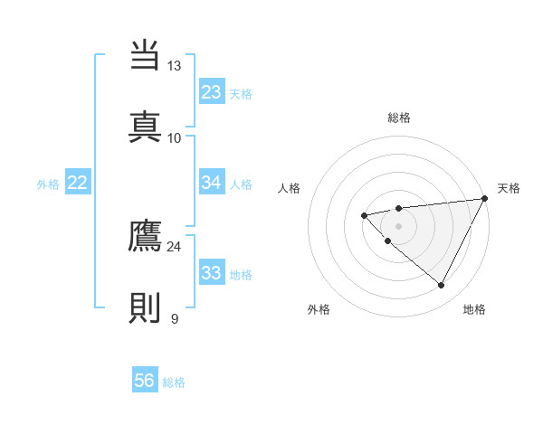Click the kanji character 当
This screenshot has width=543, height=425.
tap(145, 54)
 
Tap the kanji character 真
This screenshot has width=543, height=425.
tap(145, 125)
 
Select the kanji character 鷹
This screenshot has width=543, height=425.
tap(145, 237)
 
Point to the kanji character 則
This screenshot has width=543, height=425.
tap(145, 307)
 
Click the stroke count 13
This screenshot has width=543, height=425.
tap(174, 66)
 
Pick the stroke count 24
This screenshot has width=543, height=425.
tap(174, 246)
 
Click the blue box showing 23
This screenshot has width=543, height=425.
tap(212, 92)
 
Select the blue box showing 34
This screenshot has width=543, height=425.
tap(212, 183)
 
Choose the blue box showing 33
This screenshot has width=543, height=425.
tap(212, 273)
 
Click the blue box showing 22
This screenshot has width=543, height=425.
tap(77, 183)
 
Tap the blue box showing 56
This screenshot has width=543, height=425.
tap(144, 381)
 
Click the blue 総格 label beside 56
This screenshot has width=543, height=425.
tap(174, 382)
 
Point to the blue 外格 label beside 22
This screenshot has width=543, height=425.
tap(48, 184)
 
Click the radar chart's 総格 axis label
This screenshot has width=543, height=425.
tap(399, 118)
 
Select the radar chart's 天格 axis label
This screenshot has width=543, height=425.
tap(509, 188)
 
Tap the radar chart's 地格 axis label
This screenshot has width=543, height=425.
tap(474, 309)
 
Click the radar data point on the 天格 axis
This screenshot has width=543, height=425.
tap(484, 199)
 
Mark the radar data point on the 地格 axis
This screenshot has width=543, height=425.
tap(442, 286)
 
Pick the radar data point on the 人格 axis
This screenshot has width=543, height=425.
tap(364, 215)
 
